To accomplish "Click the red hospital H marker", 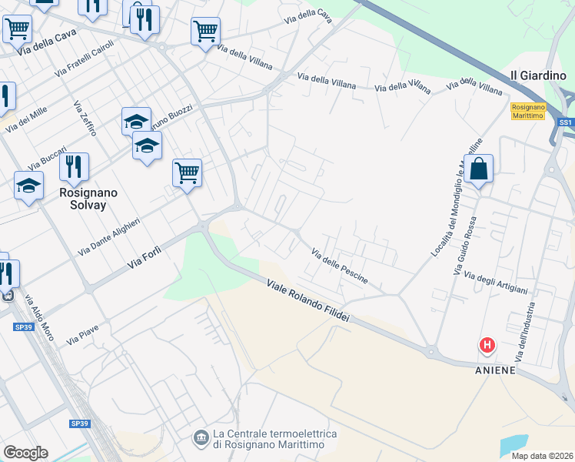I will click(487, 346).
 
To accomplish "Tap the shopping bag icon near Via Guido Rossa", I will click(478, 169).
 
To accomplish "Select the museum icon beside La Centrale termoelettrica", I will click(201, 437).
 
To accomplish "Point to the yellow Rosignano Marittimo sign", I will click(527, 111).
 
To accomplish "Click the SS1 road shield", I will click(566, 122).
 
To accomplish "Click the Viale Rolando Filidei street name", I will click(308, 302).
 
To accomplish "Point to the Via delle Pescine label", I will click(340, 266).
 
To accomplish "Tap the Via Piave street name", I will click(83, 336).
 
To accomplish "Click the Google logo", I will click(25, 453).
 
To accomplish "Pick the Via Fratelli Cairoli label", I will click(84, 59).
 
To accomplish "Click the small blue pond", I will click(515, 444).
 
